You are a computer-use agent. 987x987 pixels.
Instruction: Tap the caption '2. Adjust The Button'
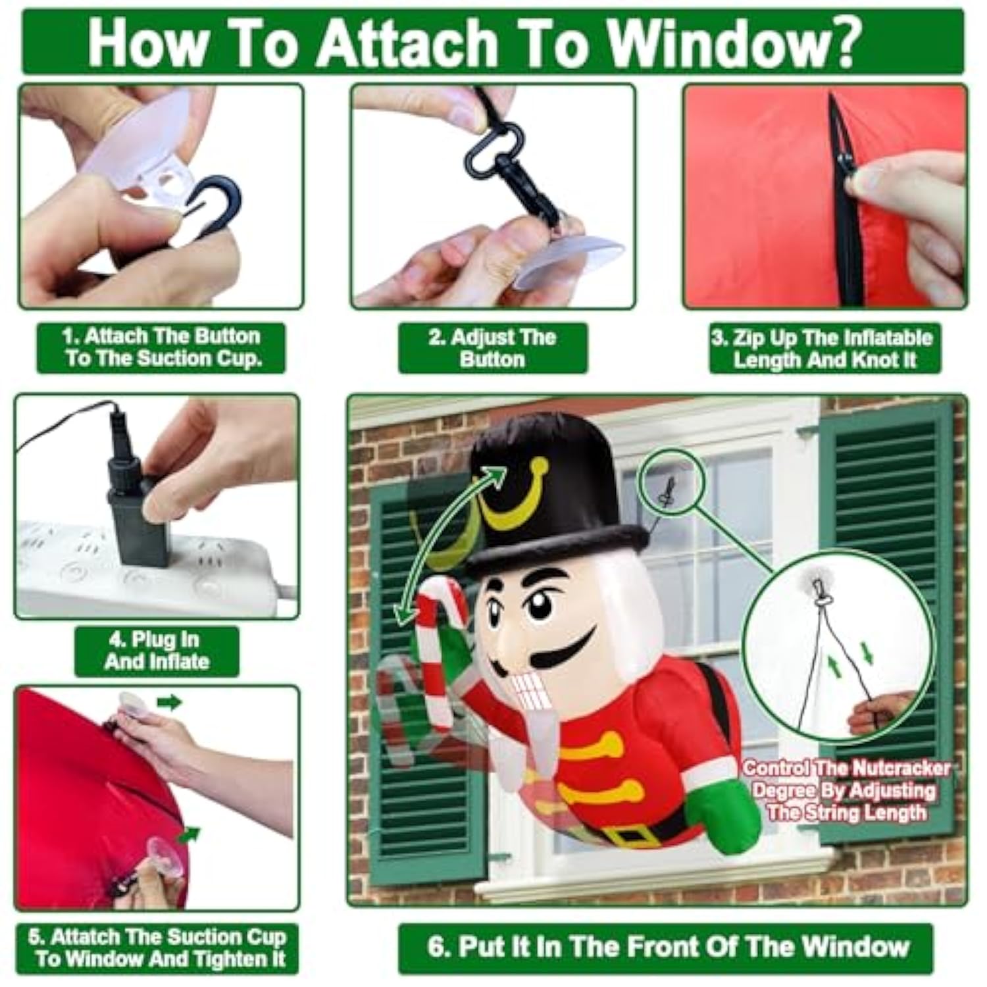(492, 348)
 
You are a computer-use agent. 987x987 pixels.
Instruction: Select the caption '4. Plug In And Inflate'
(157, 651)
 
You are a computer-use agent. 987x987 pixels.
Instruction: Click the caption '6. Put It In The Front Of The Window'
(667, 947)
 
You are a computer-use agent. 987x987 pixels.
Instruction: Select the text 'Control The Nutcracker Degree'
(846, 778)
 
